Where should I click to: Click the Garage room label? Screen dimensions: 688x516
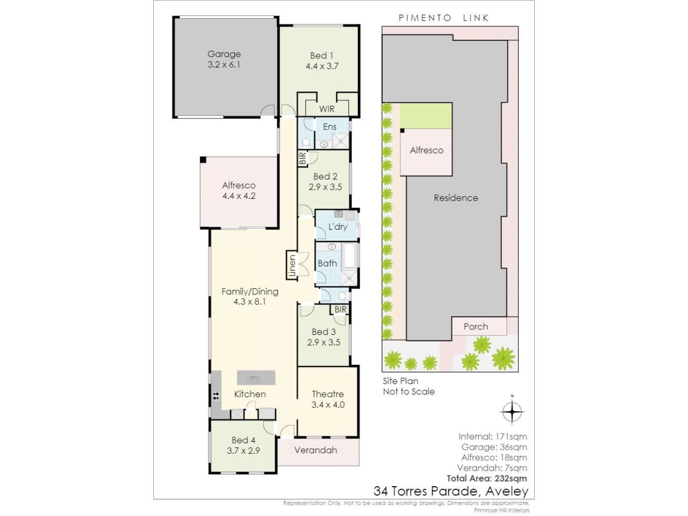[x=224, y=54]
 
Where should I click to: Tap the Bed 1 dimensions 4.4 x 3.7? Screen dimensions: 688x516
[x=322, y=66]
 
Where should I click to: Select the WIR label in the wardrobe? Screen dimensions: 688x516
[x=327, y=109]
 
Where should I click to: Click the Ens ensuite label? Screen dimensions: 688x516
[x=330, y=127]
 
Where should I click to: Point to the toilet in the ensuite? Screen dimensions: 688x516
[x=306, y=143]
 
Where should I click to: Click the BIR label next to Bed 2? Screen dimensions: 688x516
[x=303, y=158]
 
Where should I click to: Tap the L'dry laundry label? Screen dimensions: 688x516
[x=337, y=227]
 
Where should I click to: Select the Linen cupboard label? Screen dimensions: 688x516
[x=292, y=265]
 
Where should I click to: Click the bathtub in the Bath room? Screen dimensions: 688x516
[x=349, y=255]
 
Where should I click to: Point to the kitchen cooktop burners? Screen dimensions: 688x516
[x=216, y=395]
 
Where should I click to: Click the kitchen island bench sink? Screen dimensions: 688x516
[x=253, y=379]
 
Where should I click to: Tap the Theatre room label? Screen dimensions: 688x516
[x=328, y=394]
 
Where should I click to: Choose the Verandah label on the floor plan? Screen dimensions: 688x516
[x=316, y=450]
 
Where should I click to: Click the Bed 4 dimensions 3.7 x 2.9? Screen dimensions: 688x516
[x=243, y=451]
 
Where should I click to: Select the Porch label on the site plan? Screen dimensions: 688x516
[x=476, y=327]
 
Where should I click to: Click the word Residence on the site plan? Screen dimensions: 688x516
[x=456, y=198]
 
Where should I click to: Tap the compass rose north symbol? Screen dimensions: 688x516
[x=512, y=411]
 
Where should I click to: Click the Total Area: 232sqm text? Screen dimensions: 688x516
[x=487, y=479]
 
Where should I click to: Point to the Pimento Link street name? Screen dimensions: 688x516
[x=444, y=18]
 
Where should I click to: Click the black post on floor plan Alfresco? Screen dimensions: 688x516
[x=203, y=160]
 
